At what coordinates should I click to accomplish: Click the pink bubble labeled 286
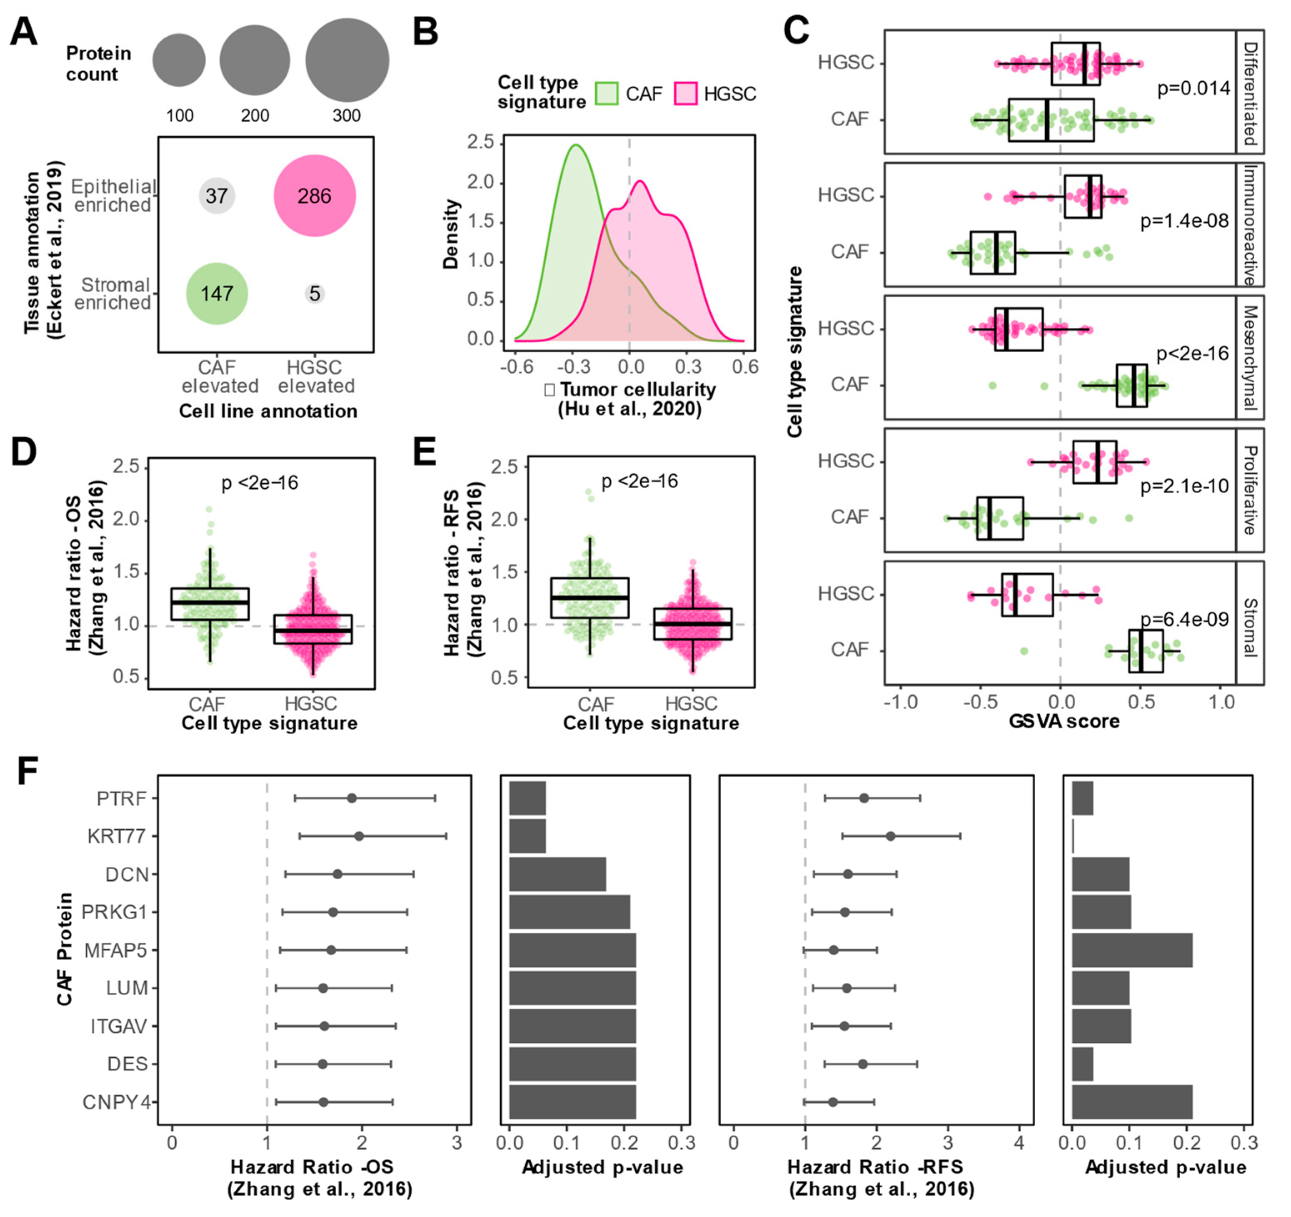pyautogui.click(x=314, y=196)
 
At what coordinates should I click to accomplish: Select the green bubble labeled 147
pyautogui.click(x=217, y=294)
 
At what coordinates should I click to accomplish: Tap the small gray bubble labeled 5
pyautogui.click(x=314, y=294)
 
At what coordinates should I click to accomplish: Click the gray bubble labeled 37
pyautogui.click(x=217, y=196)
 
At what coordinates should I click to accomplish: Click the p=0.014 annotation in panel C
pyautogui.click(x=1194, y=88)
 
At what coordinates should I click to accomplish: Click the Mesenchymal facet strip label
pyautogui.click(x=1250, y=357)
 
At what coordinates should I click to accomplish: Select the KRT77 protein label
pyautogui.click(x=117, y=836)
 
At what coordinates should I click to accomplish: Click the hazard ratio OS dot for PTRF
pyautogui.click(x=351, y=798)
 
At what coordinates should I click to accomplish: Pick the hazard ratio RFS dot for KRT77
pyautogui.click(x=890, y=836)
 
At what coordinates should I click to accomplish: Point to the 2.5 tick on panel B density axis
pyautogui.click(x=481, y=142)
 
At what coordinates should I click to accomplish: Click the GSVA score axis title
pyautogui.click(x=1064, y=721)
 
